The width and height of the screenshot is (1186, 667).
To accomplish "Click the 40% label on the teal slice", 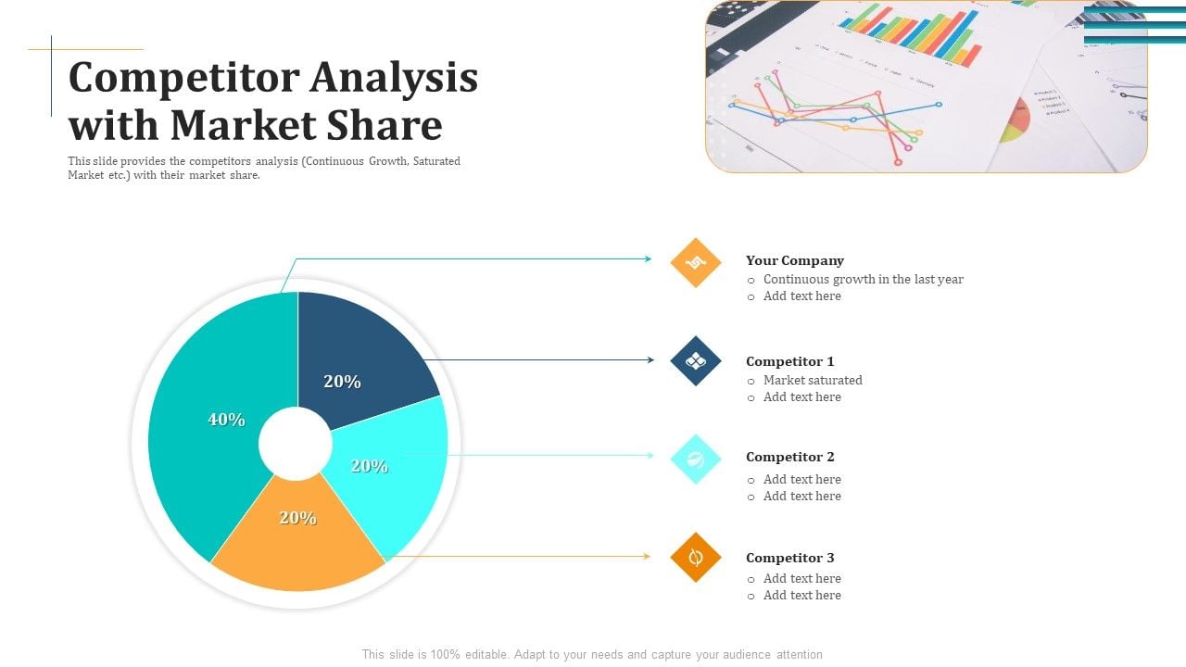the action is click(x=227, y=420).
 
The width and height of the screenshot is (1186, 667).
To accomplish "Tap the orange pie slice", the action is click(x=297, y=535).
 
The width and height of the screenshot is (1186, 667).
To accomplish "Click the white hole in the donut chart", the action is click(x=296, y=444).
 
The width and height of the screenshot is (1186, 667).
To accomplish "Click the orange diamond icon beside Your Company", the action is click(x=695, y=262).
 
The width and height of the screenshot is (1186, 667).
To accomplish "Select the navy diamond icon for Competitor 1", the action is click(x=695, y=361).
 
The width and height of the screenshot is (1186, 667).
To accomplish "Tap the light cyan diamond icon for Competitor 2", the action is click(x=695, y=459).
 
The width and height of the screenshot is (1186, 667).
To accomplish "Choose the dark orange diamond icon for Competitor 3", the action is click(x=695, y=558).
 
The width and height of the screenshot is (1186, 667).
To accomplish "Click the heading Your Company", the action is click(x=795, y=260).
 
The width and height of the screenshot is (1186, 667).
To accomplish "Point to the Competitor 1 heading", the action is click(x=790, y=361).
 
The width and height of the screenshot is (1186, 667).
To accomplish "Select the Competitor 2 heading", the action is click(x=790, y=457).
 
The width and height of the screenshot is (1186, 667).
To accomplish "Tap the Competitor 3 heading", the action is click(x=790, y=558).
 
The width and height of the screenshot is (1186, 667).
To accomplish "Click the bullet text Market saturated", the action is click(x=813, y=380).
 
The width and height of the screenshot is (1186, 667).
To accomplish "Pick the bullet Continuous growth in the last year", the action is click(x=863, y=279).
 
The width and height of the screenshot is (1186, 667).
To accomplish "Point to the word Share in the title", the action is click(x=385, y=125).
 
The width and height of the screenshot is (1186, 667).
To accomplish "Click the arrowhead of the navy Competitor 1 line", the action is click(x=651, y=360).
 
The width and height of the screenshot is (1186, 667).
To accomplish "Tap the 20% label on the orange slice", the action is click(x=298, y=518).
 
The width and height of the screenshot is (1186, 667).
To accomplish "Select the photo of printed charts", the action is click(x=927, y=86).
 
